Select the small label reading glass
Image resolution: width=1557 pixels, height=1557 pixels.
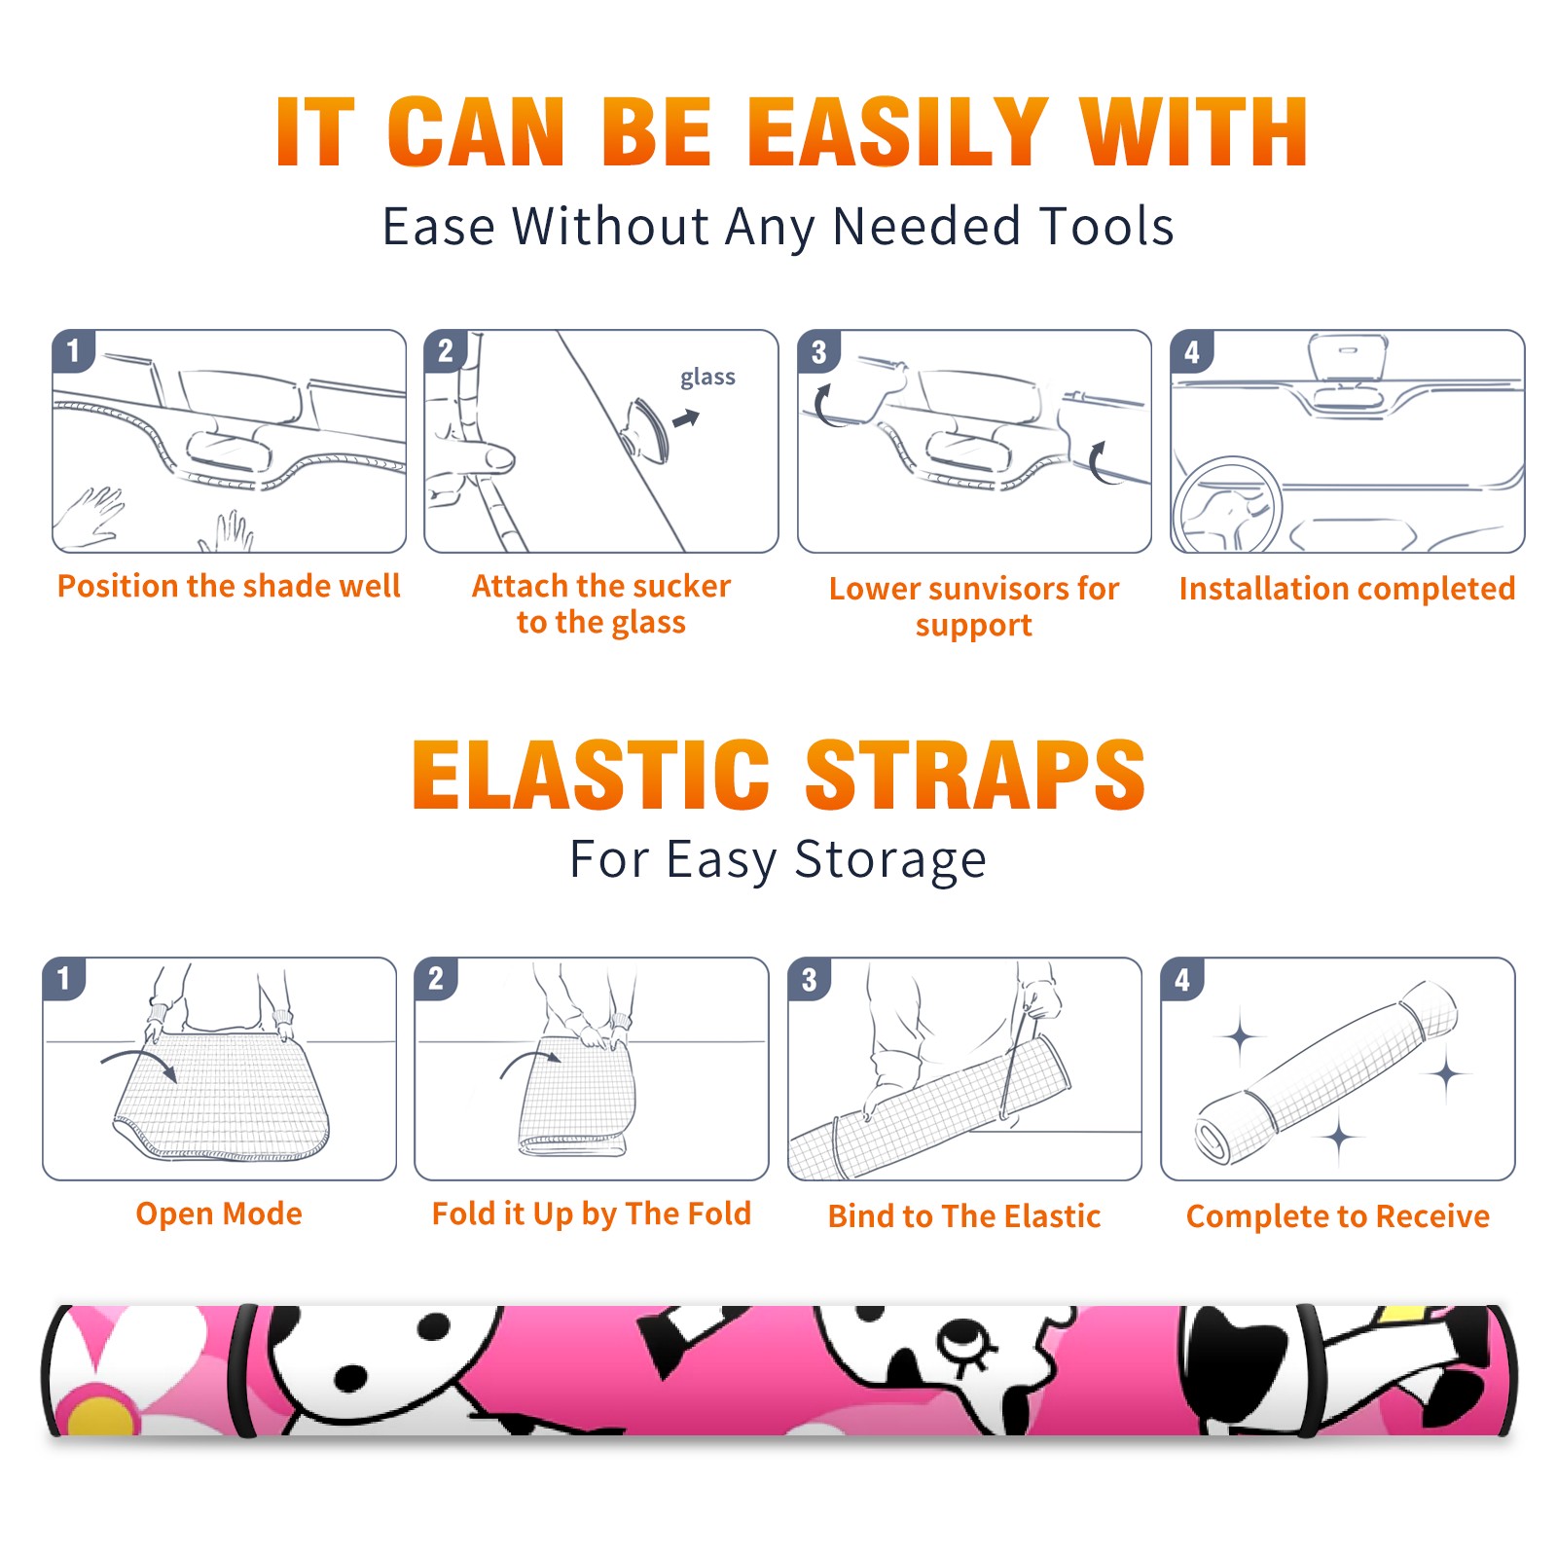tap(707, 378)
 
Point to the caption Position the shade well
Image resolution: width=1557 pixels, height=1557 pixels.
tap(229, 586)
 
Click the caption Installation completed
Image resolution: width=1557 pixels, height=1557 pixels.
tap(1347, 589)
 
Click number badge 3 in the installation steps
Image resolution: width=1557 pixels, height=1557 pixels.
tap(818, 352)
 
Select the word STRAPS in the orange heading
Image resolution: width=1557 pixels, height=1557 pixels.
tap(975, 775)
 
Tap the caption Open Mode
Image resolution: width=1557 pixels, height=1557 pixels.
tap(219, 1214)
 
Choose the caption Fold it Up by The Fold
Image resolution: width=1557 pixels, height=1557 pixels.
tap(592, 1214)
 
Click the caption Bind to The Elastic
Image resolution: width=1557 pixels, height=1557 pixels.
tap(964, 1216)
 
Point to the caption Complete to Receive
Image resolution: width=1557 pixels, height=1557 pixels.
tap(1338, 1216)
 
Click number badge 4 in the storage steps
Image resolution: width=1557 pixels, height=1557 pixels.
tap(1182, 979)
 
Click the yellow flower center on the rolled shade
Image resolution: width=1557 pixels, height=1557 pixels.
tap(99, 1416)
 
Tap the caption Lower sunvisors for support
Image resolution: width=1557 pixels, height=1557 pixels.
tap(974, 605)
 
